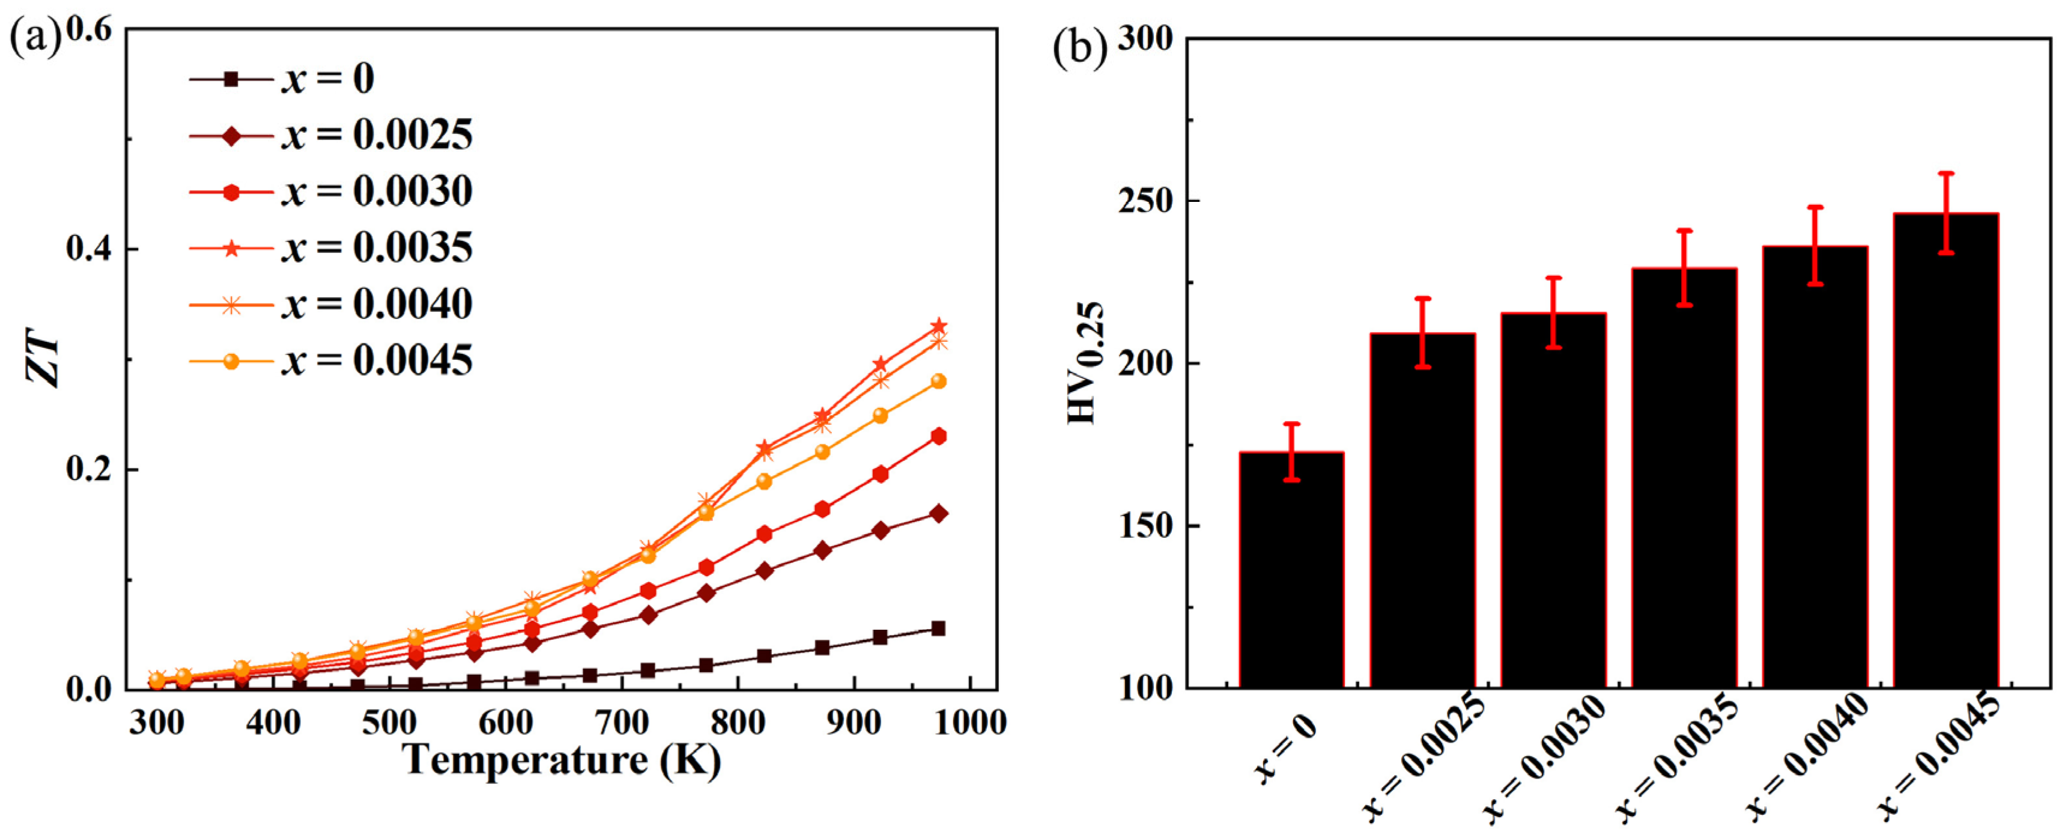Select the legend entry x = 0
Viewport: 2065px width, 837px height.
[x=328, y=79]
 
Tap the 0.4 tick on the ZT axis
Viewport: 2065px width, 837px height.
[x=89, y=249]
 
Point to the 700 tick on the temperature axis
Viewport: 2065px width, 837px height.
[x=623, y=723]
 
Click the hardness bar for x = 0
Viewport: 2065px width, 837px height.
[x=1291, y=571]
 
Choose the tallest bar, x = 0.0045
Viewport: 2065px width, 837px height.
[x=1945, y=451]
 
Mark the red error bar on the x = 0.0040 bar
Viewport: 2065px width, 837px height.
[x=1815, y=245]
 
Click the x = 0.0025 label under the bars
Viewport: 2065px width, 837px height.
[x=1424, y=758]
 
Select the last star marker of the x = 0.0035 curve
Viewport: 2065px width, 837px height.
[x=939, y=326]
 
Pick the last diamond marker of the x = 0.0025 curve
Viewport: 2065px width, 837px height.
[x=939, y=514]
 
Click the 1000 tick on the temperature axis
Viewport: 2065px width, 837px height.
[x=970, y=723]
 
